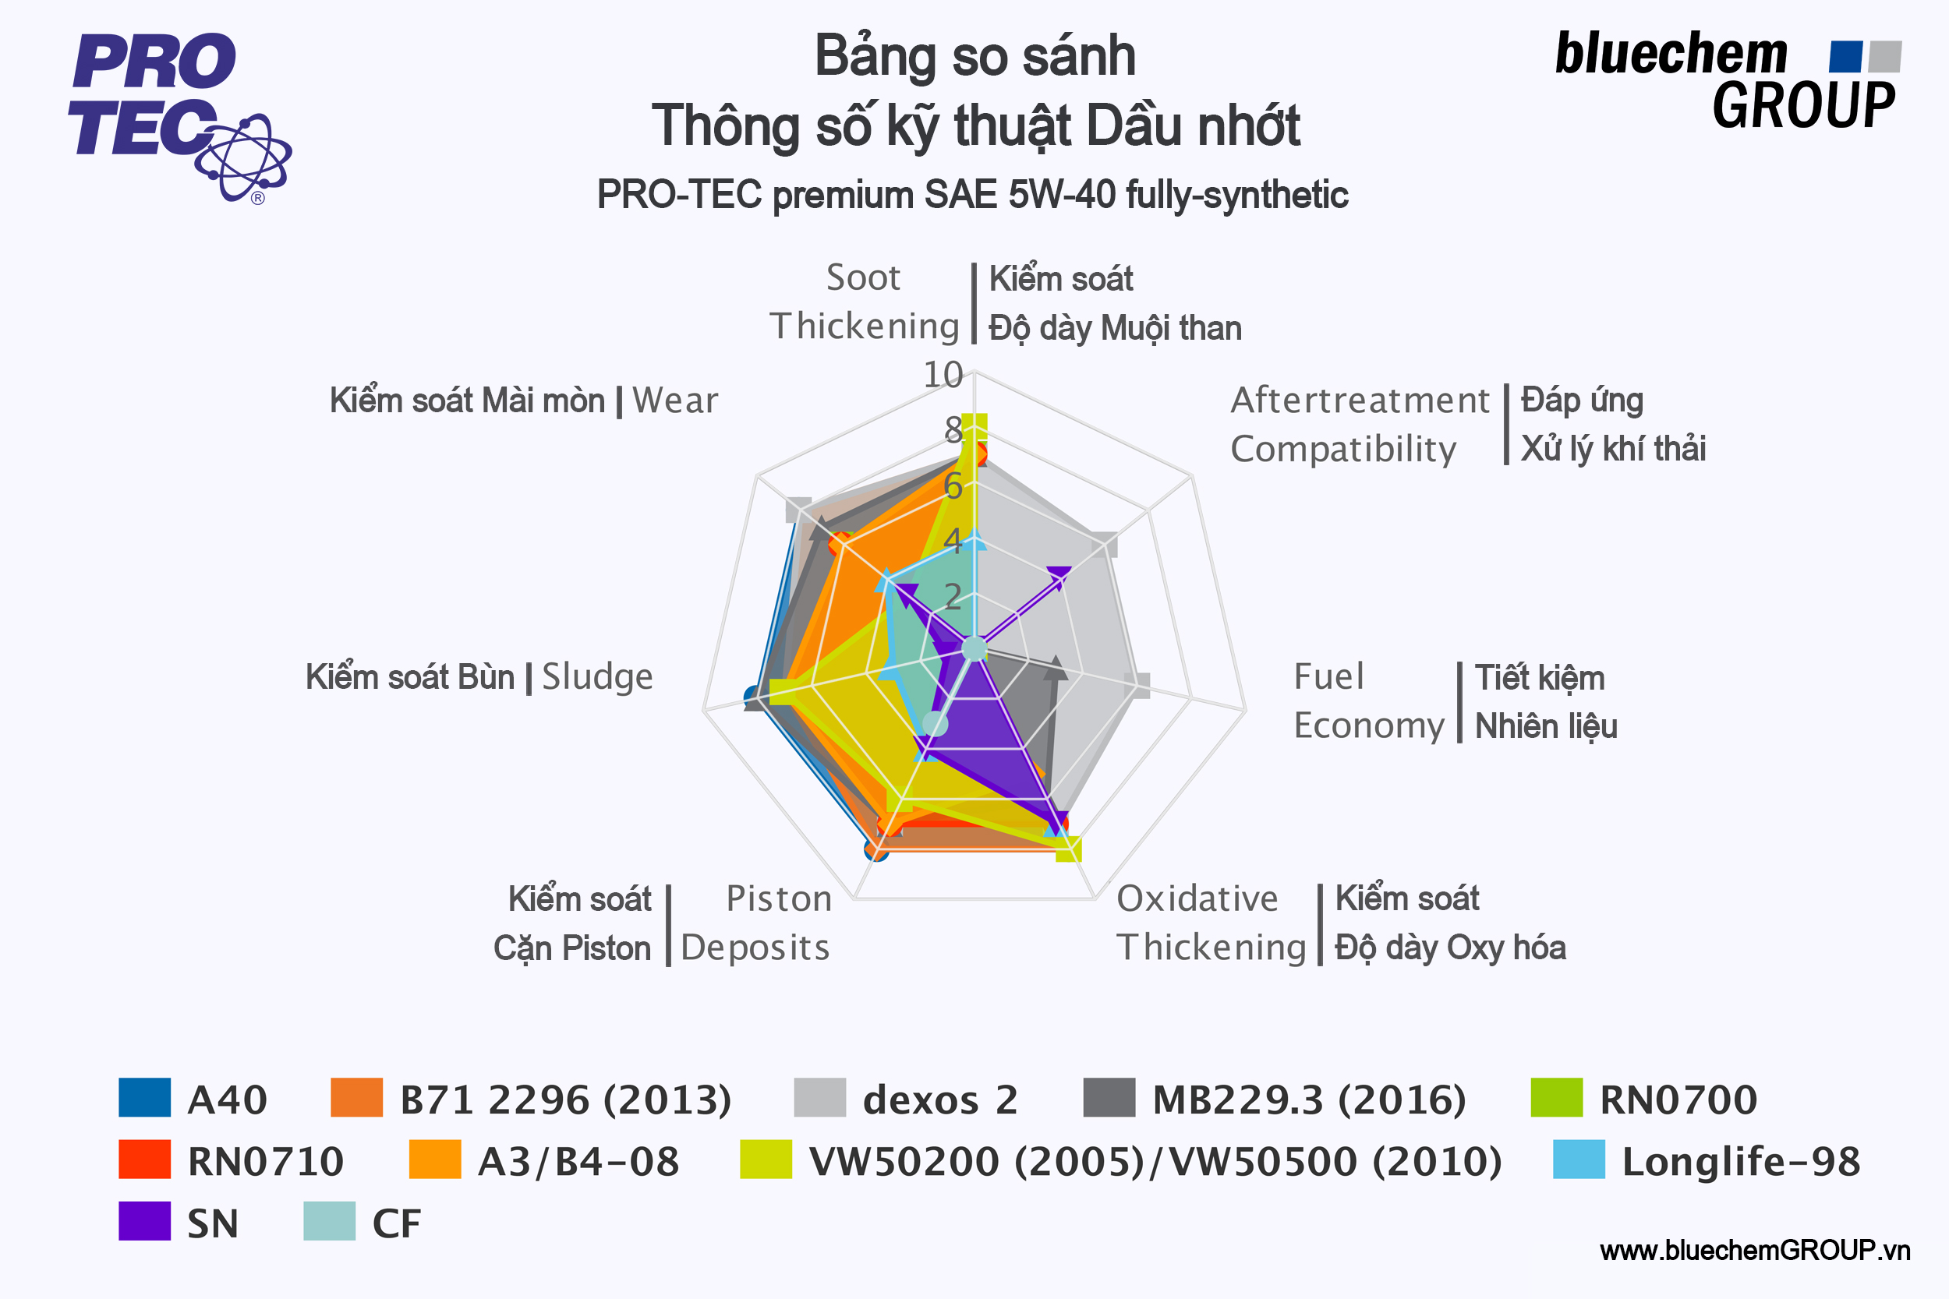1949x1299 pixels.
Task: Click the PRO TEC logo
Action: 179,116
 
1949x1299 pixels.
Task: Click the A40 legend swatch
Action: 144,1098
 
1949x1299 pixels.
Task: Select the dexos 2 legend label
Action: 939,1100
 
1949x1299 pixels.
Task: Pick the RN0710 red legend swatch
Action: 144,1159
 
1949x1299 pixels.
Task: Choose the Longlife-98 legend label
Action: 1741,1162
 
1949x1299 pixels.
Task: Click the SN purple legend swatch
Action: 144,1221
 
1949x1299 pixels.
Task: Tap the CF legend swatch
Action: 329,1221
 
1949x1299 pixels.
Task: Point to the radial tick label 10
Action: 943,376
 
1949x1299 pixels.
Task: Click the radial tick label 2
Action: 953,596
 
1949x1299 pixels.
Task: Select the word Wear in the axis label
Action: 674,401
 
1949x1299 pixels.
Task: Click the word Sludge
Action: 597,677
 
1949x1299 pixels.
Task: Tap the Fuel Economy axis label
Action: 1367,701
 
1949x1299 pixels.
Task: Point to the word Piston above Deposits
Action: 779,899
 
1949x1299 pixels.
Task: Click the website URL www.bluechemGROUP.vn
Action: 1754,1250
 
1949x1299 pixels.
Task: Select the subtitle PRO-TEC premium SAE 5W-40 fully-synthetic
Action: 972,196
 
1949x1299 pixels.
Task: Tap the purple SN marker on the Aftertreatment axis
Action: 1059,575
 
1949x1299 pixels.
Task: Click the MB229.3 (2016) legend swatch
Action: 1109,1098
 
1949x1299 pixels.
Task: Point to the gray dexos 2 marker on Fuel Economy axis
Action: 1141,685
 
